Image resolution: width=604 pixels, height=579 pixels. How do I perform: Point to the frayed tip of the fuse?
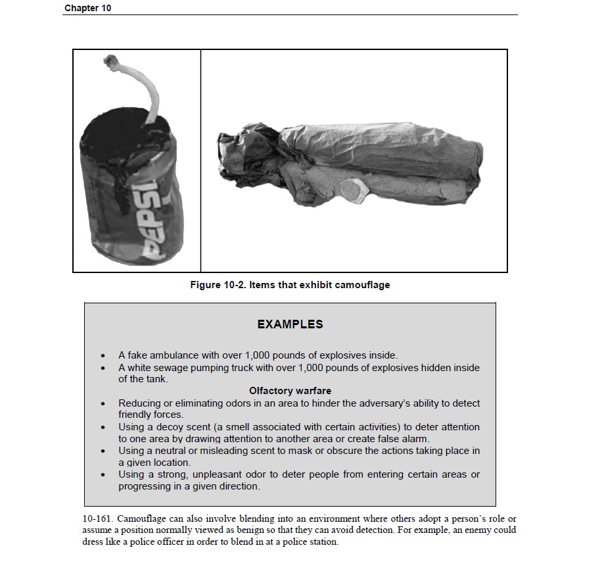[110, 63]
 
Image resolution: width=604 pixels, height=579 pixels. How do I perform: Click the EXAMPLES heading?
[290, 324]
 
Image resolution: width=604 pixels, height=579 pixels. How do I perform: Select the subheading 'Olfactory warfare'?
[290, 391]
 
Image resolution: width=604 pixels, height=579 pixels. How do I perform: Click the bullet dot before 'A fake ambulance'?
[103, 356]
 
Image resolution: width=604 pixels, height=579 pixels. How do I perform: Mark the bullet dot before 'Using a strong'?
[103, 475]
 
